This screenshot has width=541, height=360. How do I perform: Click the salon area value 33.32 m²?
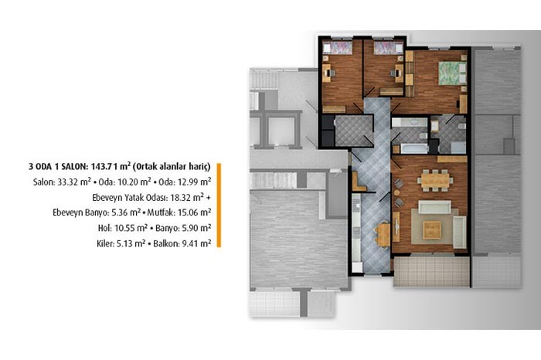(74, 182)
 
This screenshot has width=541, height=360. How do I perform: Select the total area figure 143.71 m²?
(110, 167)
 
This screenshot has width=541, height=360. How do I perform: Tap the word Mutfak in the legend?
(161, 212)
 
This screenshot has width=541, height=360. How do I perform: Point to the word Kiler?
(105, 243)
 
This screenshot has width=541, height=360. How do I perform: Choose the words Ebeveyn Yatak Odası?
(130, 198)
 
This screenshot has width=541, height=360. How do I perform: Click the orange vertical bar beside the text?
(219, 205)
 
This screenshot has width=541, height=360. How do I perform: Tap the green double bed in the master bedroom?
(452, 73)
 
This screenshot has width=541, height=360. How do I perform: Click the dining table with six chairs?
(435, 180)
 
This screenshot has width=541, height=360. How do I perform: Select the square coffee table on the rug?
(432, 230)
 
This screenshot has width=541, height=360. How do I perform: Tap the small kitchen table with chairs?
(382, 235)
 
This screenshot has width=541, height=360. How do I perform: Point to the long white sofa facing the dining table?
(434, 207)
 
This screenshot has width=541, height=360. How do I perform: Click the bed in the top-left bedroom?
(338, 48)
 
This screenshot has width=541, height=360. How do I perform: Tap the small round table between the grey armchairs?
(398, 193)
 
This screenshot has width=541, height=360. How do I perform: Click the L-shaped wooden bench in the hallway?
(357, 183)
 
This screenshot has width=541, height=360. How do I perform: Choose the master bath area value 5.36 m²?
(126, 212)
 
